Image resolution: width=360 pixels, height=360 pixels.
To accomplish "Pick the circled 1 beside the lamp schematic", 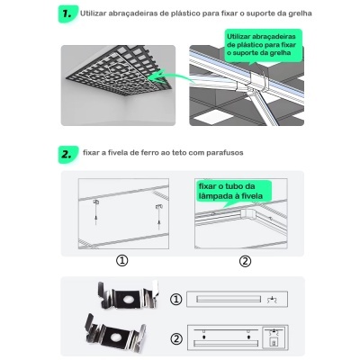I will [x=176, y=298].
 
